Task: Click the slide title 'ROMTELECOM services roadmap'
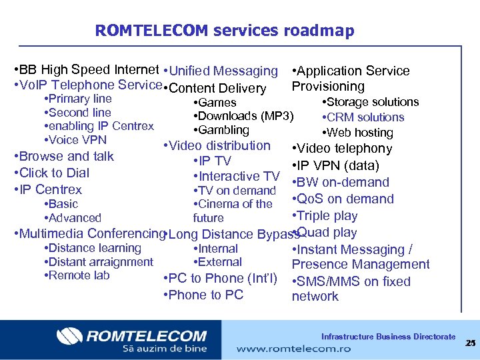pos(225,31)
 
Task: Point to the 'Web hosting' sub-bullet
pos(359,133)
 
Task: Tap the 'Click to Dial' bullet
pos(53,173)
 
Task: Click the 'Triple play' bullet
pos(327,216)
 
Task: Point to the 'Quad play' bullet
pos(327,233)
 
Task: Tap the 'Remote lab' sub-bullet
pos(79,275)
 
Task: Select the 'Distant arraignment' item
pos(100,262)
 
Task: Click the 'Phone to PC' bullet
pos(205,295)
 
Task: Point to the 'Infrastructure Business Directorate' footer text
pos(388,337)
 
